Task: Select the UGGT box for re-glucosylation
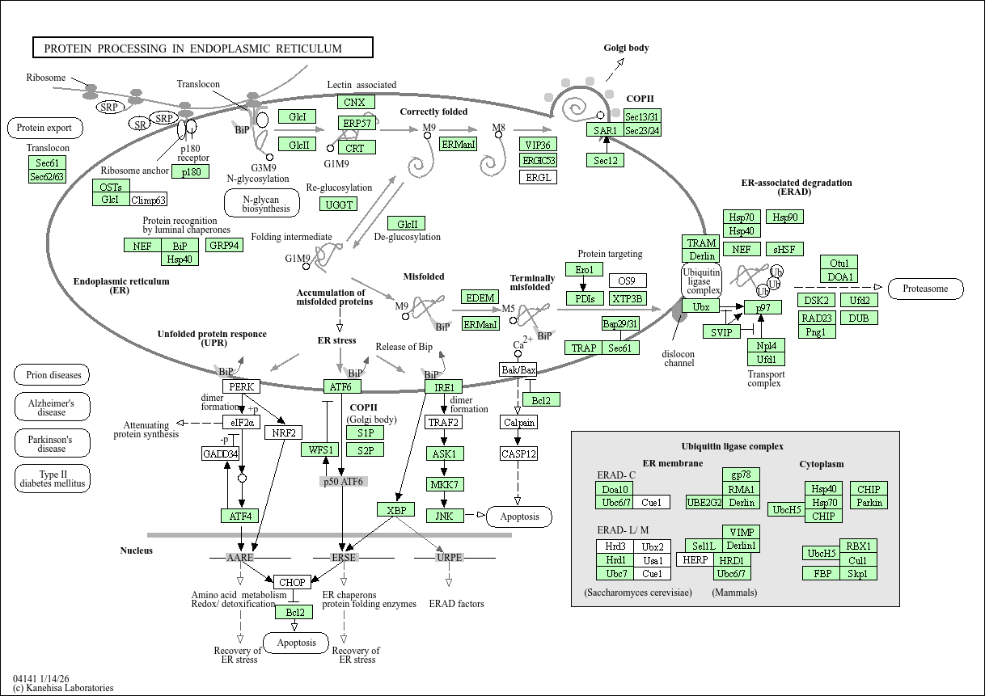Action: click(x=340, y=205)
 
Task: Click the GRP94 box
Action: click(x=224, y=245)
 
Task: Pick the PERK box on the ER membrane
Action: click(x=242, y=387)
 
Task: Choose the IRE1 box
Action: click(x=444, y=387)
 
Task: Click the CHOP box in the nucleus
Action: click(x=292, y=582)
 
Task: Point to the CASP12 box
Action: click(x=518, y=453)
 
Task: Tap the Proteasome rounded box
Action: click(x=925, y=288)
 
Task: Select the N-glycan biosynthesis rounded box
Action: click(x=261, y=204)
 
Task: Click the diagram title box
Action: click(x=202, y=48)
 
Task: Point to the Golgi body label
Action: click(x=626, y=48)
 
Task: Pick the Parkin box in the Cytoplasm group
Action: click(x=869, y=503)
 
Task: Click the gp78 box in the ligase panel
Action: click(x=741, y=475)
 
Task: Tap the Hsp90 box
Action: click(x=784, y=217)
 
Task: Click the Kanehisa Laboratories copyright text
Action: click(x=63, y=688)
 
